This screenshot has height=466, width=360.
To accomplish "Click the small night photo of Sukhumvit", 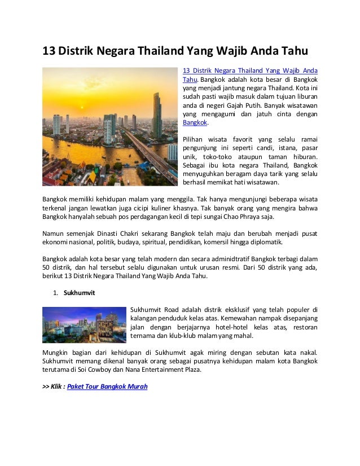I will [85, 325].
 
